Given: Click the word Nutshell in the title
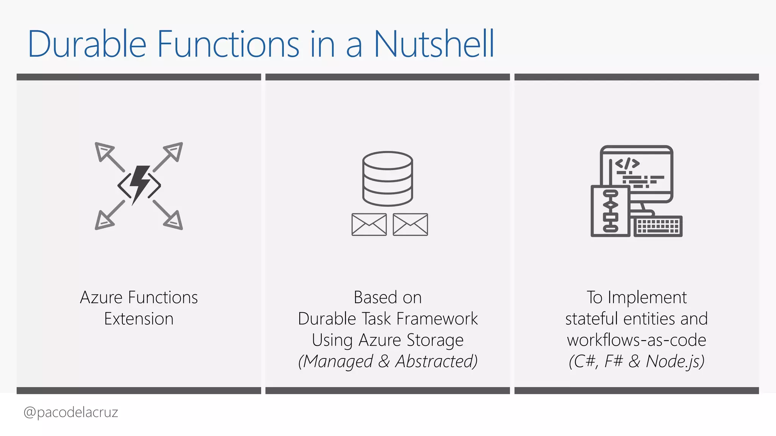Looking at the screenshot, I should point(434,44).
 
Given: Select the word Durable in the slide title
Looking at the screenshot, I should point(87,44).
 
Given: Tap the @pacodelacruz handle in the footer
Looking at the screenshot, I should point(71,412).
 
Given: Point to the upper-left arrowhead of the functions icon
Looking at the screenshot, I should point(103,151).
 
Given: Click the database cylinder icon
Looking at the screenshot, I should point(388,178).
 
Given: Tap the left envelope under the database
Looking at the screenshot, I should point(369,224).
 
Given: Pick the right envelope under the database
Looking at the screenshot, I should point(410,224).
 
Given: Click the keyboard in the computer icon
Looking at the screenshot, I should point(658,226).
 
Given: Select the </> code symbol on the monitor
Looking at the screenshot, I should point(627,163).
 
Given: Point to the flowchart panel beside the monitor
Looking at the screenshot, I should point(610,211).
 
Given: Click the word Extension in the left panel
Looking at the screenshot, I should point(139,319).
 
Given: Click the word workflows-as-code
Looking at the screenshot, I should point(637,340).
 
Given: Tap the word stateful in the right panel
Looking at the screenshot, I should point(591,319).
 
